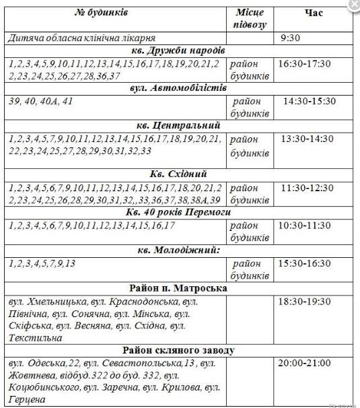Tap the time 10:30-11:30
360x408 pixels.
(x=305, y=226)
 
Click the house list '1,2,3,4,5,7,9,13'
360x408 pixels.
(x=42, y=263)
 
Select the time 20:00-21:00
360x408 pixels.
(x=304, y=363)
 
